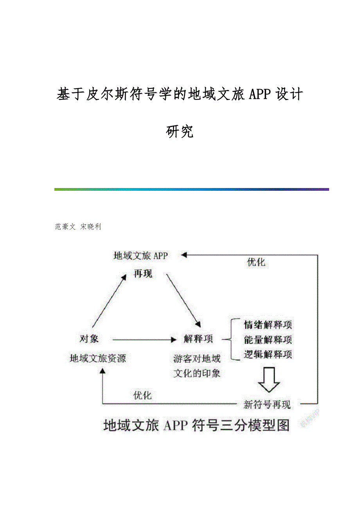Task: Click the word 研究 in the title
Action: tap(180, 132)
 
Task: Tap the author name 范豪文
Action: tap(65, 227)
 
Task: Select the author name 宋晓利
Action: tap(90, 227)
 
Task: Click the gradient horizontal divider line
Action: tap(191, 190)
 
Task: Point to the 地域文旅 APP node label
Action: tap(140, 256)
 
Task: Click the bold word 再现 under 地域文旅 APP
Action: tap(143, 274)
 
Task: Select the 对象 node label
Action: tap(89, 339)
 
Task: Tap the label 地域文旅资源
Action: tap(98, 358)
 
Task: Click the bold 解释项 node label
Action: tap(198, 339)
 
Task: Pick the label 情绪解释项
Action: tap(268, 325)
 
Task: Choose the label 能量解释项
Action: tap(268, 340)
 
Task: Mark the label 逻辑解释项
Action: tap(268, 355)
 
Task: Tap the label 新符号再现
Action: tap(267, 405)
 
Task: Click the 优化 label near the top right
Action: tap(256, 262)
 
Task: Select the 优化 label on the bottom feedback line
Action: tap(142, 396)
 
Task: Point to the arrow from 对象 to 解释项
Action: tap(143, 340)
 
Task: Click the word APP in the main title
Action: tap(258, 94)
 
